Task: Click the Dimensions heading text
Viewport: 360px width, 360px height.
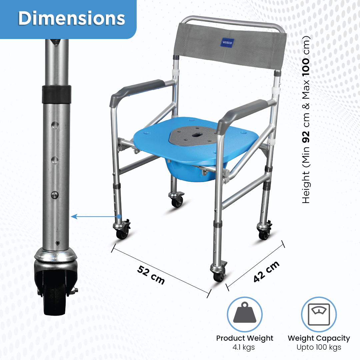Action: coord(71,18)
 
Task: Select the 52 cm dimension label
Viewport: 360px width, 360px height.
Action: coord(151,275)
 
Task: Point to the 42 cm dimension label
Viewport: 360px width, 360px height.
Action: coord(266,271)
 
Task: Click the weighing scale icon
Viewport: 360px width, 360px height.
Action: coord(319,314)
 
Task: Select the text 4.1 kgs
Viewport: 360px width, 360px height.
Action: coord(244,347)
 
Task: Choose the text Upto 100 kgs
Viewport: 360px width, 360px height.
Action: coord(319,347)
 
